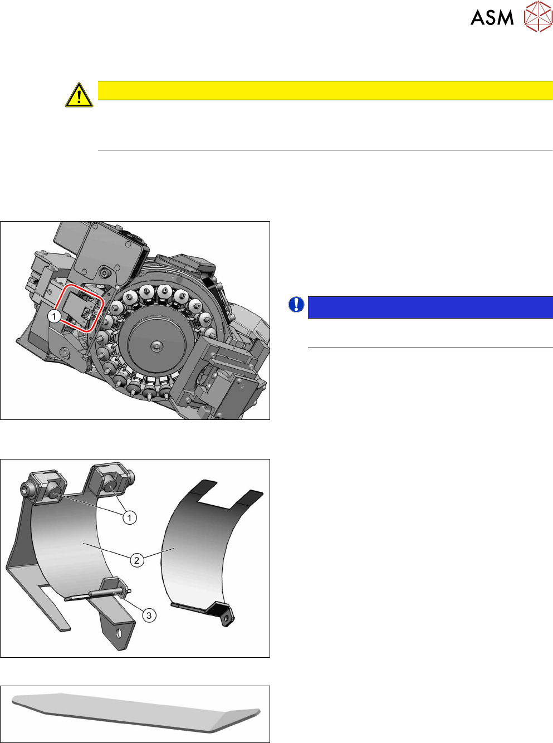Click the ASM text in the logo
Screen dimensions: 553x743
tap(492, 17)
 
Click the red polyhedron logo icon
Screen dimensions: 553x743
tap(539, 16)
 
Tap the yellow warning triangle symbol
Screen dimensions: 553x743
tap(79, 95)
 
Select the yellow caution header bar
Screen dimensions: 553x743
tap(325, 90)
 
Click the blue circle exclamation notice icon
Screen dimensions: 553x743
tap(296, 305)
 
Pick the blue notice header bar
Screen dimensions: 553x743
tap(430, 307)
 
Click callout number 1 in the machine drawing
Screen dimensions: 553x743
tap(54, 316)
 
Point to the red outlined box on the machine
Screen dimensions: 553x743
tap(80, 308)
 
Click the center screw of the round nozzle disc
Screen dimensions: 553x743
tap(156, 345)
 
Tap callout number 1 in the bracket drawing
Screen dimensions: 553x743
tap(130, 517)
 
